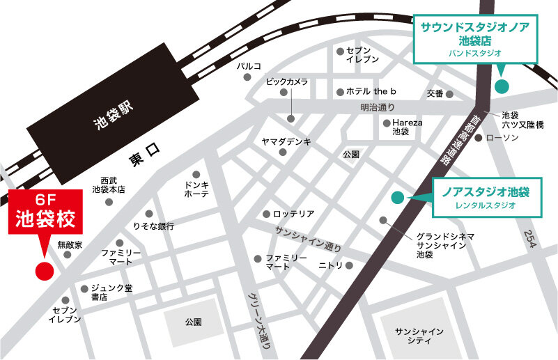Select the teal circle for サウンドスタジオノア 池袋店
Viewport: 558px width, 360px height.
(x=502, y=86)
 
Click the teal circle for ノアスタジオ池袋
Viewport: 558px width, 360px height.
(x=396, y=198)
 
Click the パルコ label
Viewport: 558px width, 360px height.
(x=248, y=65)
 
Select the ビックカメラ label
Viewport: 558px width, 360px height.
(x=286, y=82)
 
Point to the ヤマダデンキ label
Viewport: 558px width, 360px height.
(x=286, y=141)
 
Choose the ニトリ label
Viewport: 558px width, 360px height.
(x=330, y=265)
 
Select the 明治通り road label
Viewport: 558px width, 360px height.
(x=377, y=107)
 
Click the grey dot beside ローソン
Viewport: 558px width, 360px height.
(x=479, y=139)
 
